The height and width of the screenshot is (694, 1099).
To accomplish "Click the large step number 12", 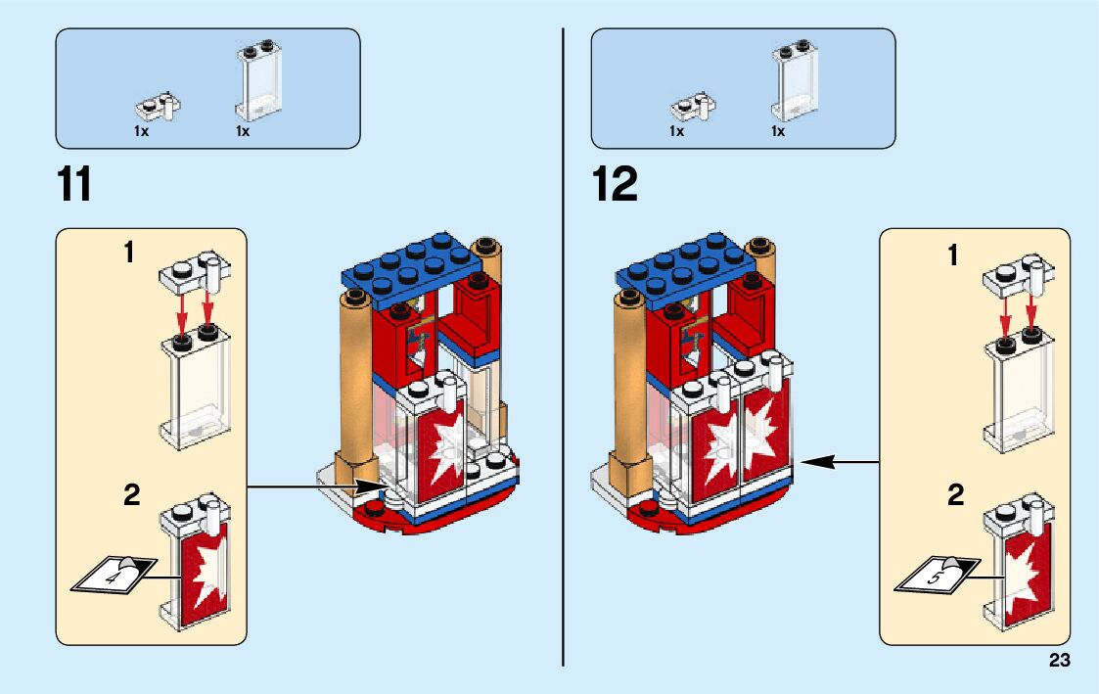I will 616,184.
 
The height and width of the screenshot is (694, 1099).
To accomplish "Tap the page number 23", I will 1059,661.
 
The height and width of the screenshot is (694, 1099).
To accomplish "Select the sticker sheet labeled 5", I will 935,576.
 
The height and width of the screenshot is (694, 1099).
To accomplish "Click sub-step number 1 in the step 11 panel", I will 128,254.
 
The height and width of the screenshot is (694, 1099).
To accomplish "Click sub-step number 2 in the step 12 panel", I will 955,495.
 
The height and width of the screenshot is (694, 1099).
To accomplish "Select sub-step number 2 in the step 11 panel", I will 131,495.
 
